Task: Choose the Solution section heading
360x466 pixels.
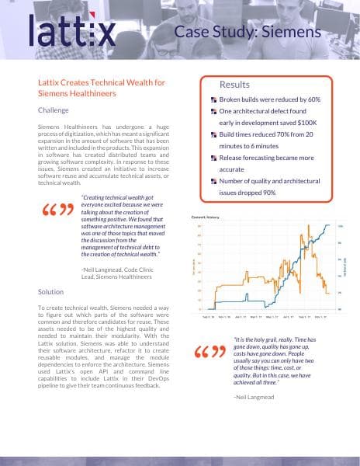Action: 51,292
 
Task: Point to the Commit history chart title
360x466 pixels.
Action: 206,217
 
